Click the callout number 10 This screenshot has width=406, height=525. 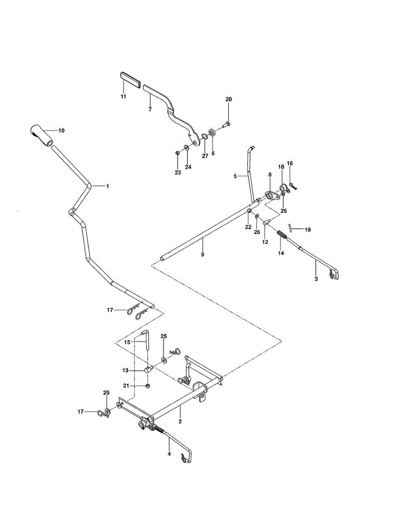61,130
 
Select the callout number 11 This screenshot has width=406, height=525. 124,96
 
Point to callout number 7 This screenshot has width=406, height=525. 150,109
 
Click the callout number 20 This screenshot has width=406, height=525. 229,100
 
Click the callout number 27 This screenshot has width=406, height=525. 205,156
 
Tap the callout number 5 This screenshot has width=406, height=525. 235,176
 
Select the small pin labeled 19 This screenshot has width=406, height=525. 289,228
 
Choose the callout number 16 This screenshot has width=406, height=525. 289,163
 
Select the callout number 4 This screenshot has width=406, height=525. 169,454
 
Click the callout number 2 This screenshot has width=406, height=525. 180,422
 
